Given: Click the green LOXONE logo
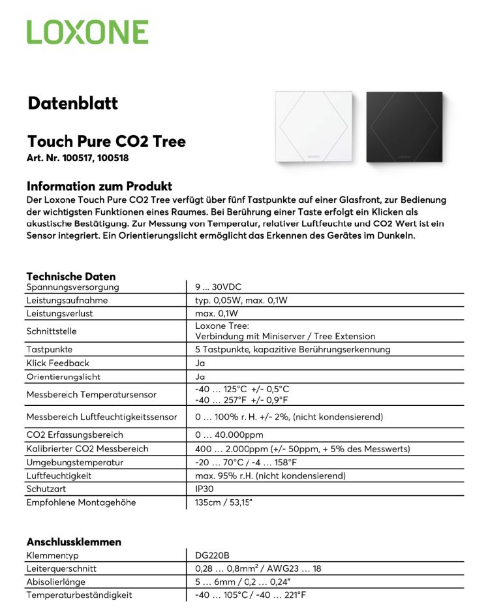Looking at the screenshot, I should point(87,32).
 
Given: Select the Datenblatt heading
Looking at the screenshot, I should point(72,103).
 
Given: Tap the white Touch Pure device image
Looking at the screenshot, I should point(315,127).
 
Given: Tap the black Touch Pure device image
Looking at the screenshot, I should point(404,127).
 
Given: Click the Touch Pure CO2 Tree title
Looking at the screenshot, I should point(106,142).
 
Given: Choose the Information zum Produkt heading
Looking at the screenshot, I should point(99,186).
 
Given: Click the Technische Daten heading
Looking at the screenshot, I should point(70,277).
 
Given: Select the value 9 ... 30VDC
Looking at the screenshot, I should point(218,287).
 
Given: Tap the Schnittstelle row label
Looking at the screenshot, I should point(52,331).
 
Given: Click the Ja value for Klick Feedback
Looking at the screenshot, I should point(200,363).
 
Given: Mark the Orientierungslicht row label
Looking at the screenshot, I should point(63,377).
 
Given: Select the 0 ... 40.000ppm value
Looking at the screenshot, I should point(229,435).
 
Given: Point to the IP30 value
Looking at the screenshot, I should point(204,489).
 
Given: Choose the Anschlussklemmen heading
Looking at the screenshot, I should point(74,542).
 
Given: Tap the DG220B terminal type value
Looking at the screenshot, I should point(212,555).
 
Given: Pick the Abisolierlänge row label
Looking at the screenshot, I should point(56,581).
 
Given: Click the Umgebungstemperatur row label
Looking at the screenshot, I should point(75,463).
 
